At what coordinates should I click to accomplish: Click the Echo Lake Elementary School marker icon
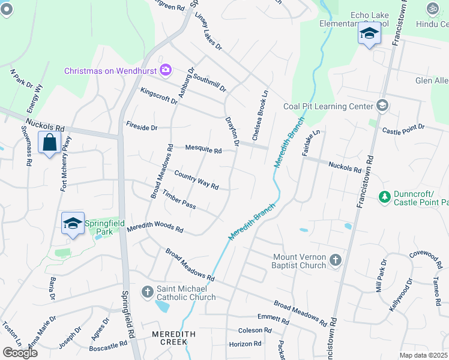pos(369,35)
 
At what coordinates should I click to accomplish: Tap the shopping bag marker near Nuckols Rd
pos(49,143)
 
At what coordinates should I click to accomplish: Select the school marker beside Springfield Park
pos(73,224)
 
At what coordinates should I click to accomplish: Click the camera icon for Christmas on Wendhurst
pos(165,71)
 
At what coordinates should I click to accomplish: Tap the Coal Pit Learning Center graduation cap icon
pos(381,106)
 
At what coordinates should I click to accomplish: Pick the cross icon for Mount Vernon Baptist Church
pos(335,260)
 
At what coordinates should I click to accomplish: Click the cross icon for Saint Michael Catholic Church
pos(148,292)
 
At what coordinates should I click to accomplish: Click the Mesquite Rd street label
pos(203,149)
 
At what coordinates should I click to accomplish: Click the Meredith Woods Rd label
pos(155,226)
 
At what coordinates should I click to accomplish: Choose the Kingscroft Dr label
pos(158,95)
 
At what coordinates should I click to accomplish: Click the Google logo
pos(20,353)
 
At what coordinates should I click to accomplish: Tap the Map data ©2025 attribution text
pos(424,355)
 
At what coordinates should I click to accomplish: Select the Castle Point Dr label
pos(403,128)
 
